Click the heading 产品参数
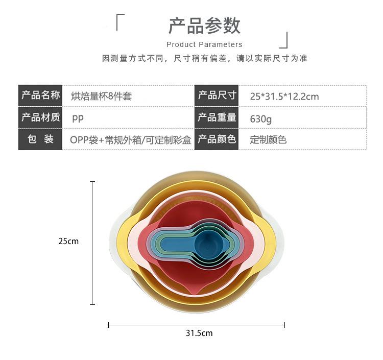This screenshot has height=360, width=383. (x=204, y=26)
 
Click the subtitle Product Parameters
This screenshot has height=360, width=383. (x=204, y=44)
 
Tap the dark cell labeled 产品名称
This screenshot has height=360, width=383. (x=40, y=95)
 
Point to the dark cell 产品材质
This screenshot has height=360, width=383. (x=40, y=117)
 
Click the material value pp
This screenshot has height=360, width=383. (x=78, y=117)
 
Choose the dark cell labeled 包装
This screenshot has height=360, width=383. (x=40, y=139)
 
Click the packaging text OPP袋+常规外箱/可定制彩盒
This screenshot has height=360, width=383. (x=130, y=139)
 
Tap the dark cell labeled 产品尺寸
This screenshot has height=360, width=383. (x=217, y=95)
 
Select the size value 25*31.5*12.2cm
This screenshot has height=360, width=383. (x=284, y=96)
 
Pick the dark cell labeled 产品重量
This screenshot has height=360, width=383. (x=217, y=117)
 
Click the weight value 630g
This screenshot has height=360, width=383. (x=261, y=118)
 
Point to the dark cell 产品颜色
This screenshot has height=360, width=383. (x=217, y=139)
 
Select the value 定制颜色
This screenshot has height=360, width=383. (x=268, y=139)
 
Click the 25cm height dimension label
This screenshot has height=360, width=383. (x=68, y=241)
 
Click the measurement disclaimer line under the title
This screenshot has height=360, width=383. (x=205, y=58)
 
